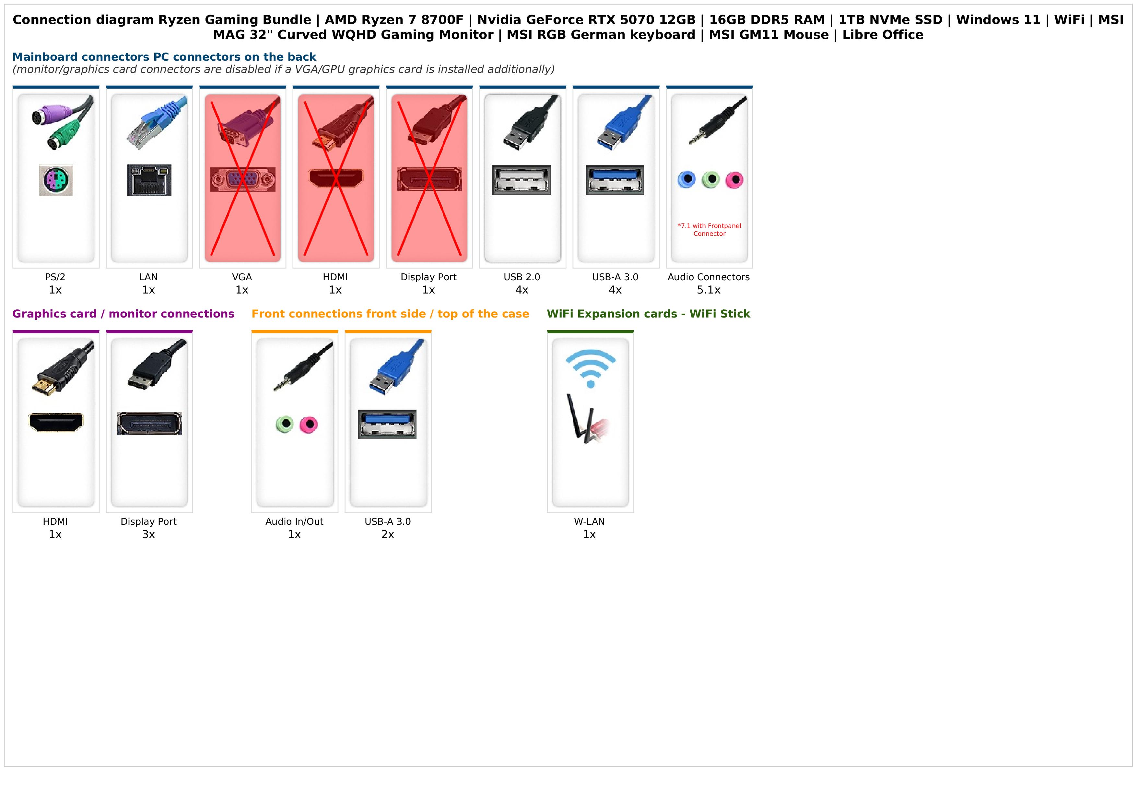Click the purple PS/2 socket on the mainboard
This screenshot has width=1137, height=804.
point(56,180)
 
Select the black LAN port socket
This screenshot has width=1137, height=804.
point(149,180)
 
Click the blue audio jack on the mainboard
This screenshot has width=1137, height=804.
point(686,179)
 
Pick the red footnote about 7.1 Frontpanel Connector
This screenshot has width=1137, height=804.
point(709,230)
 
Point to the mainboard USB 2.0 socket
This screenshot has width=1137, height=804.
point(522,180)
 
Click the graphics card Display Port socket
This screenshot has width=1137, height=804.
point(149,424)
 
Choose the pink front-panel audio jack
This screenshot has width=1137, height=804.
point(309,425)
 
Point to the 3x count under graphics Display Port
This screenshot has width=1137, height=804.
point(148,534)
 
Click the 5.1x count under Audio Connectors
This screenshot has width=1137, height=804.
point(709,290)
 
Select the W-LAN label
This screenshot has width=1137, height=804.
point(589,522)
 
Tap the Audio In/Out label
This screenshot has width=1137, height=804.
point(294,522)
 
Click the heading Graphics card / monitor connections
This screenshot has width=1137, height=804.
point(123,314)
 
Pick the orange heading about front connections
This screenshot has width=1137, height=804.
point(390,314)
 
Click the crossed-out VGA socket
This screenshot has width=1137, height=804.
point(243,180)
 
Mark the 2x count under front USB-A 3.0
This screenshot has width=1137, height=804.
point(388,534)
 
